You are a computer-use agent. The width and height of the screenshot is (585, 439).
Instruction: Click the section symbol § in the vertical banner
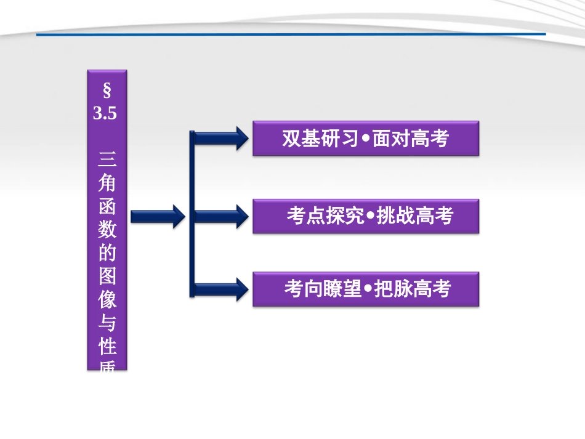pos(107,92)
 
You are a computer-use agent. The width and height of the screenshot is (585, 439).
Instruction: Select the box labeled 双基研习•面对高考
pos(366,139)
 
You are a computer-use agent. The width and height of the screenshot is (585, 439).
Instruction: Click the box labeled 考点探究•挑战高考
pos(366,216)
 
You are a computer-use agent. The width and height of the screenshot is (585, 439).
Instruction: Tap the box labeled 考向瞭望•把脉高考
pos(366,289)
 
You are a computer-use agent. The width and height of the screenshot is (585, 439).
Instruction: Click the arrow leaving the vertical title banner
pos(157,216)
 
